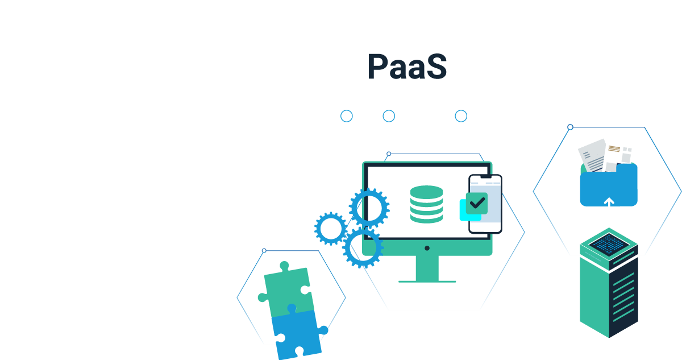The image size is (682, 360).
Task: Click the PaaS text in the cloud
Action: click(407, 67)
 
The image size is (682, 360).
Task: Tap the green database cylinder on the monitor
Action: click(426, 204)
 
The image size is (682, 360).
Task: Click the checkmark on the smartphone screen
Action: click(477, 202)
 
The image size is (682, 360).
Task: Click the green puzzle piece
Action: click(286, 289)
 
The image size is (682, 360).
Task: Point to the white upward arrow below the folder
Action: click(609, 203)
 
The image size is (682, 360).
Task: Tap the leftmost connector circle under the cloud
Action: click(347, 116)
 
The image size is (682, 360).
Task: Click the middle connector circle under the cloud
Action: click(389, 116)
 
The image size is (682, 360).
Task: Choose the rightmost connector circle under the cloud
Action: click(461, 116)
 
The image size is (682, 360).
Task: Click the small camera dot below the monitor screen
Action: click(427, 248)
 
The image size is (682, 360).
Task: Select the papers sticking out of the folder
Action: click(606, 154)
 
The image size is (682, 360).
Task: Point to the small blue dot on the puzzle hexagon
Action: click(264, 251)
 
